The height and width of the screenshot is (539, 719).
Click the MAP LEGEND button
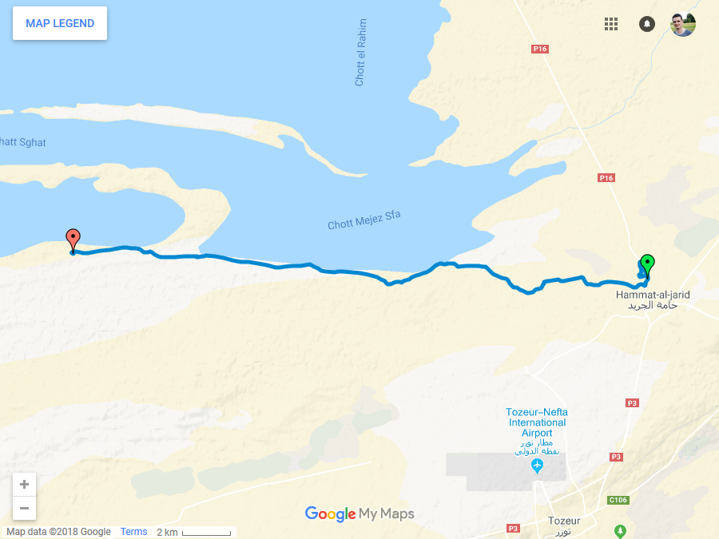[60, 23]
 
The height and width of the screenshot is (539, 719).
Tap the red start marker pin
[73, 239]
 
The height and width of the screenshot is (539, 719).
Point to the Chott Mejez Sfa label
[364, 220]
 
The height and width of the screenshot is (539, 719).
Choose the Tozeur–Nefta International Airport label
[537, 422]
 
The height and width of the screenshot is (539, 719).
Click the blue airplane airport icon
[537, 465]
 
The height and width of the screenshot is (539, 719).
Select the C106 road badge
[618, 501]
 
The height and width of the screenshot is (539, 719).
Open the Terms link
[134, 532]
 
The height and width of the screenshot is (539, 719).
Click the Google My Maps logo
[359, 514]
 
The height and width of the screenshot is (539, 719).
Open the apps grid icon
[611, 24]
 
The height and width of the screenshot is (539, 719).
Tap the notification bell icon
[647, 24]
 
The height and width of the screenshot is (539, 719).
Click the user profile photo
[683, 24]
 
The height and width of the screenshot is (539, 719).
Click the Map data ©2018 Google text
[58, 532]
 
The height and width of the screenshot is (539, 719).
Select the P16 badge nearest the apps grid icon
[540, 50]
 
